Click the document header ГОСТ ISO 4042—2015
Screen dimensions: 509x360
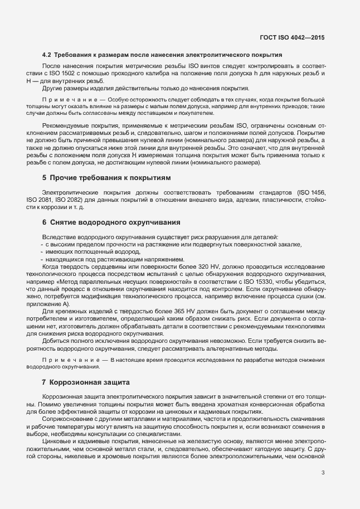pyautogui.click(x=292, y=38)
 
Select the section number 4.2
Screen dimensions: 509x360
pyautogui.click(x=47, y=55)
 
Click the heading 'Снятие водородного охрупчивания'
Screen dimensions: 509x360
pyautogui.click(x=115, y=222)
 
